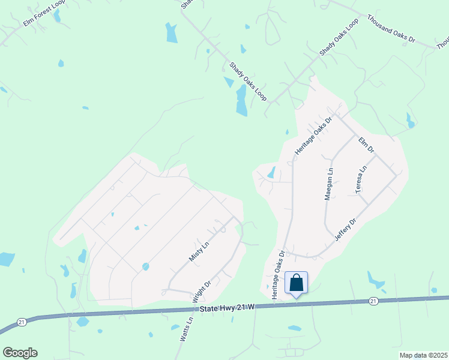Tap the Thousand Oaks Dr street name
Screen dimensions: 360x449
[x=391, y=29]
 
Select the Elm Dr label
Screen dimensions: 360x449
[x=366, y=145]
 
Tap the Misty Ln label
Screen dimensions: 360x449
[x=198, y=251]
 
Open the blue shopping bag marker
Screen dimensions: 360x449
[x=297, y=283]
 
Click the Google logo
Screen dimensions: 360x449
[x=20, y=353]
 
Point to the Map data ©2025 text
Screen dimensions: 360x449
[x=423, y=355]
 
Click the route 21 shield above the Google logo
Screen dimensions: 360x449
[x=22, y=322]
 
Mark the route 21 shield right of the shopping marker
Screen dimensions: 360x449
[x=373, y=301]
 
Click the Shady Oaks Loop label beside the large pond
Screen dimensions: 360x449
[x=248, y=80]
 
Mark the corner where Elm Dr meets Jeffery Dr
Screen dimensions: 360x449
[x=396, y=175]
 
